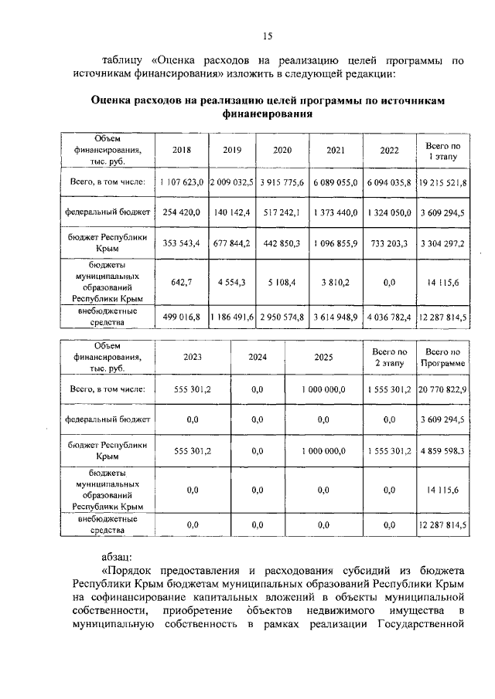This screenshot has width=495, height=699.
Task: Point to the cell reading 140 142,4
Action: click(x=232, y=211)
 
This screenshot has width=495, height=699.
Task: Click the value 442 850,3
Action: click(x=282, y=242)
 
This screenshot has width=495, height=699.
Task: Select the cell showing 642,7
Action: click(x=181, y=282)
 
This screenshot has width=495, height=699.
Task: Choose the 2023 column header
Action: click(x=193, y=358)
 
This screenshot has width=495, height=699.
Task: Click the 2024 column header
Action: click(x=258, y=358)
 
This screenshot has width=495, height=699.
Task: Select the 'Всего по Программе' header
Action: click(x=442, y=358)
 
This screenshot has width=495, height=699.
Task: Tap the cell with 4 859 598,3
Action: click(x=442, y=451)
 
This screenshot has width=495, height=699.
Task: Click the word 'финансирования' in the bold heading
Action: click(x=268, y=114)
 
